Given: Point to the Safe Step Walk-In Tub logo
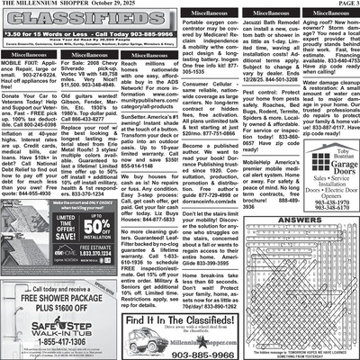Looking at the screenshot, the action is (58, 326).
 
